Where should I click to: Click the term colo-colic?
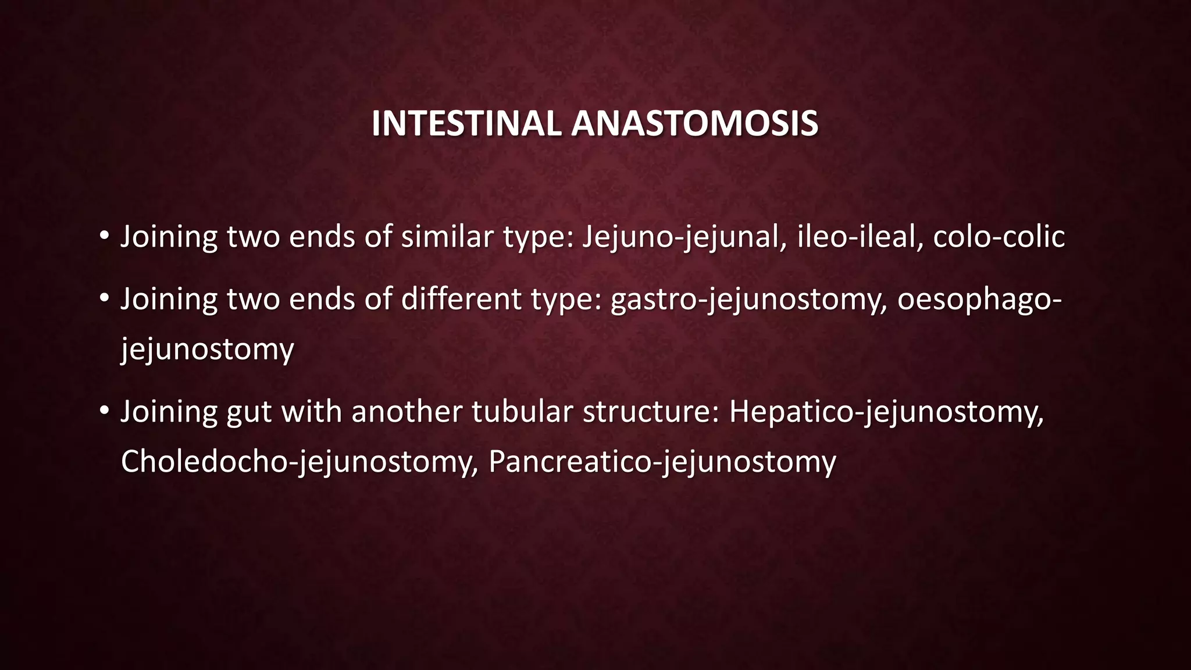click(999, 237)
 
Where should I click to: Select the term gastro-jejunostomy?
click(748, 300)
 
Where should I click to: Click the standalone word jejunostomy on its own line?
click(207, 350)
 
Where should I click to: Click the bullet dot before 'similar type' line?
click(104, 236)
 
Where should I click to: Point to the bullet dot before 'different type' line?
click(104, 298)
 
